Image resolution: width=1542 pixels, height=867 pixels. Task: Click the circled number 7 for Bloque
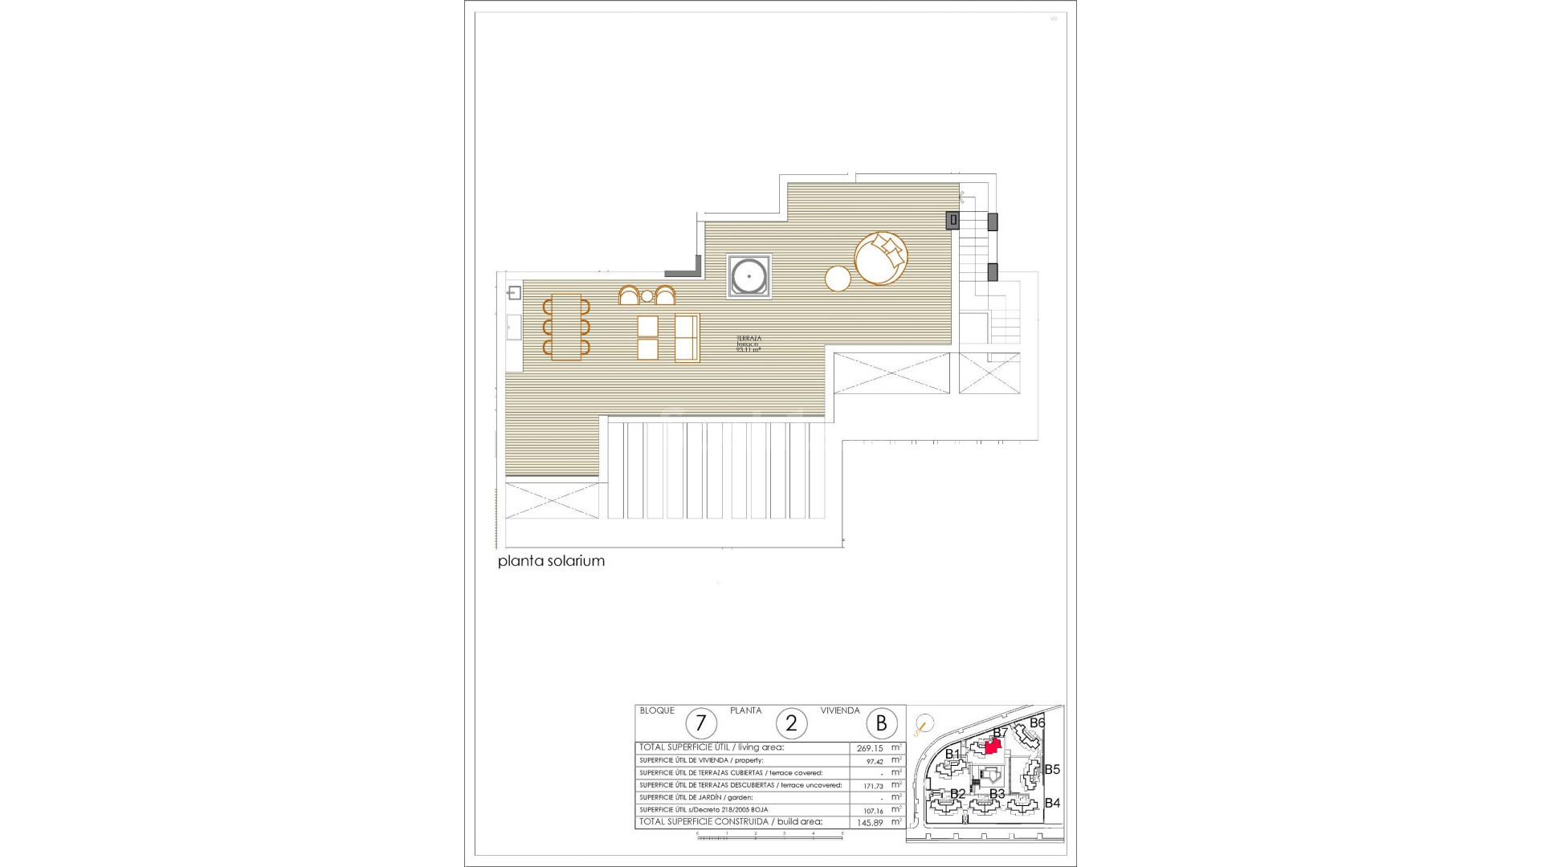701,724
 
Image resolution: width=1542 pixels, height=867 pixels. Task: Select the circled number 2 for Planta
791,724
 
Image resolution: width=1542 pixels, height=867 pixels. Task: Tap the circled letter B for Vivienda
881,724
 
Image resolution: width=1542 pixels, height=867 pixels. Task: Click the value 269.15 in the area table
870,747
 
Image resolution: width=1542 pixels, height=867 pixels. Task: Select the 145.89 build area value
870,822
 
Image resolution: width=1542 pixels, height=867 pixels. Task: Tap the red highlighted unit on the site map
993,747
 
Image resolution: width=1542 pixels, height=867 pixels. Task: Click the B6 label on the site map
1037,722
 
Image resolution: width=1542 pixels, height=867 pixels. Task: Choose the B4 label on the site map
1052,803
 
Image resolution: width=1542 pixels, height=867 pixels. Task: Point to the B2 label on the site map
957,794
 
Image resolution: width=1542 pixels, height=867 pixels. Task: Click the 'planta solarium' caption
551,561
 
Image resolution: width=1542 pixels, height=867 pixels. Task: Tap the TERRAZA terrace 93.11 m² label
749,344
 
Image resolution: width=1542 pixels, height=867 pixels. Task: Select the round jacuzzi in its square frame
749,277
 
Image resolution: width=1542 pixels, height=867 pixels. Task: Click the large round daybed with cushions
882,258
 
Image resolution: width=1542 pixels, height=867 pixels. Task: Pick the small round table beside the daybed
838,279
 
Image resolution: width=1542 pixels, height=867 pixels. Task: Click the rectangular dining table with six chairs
566,327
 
